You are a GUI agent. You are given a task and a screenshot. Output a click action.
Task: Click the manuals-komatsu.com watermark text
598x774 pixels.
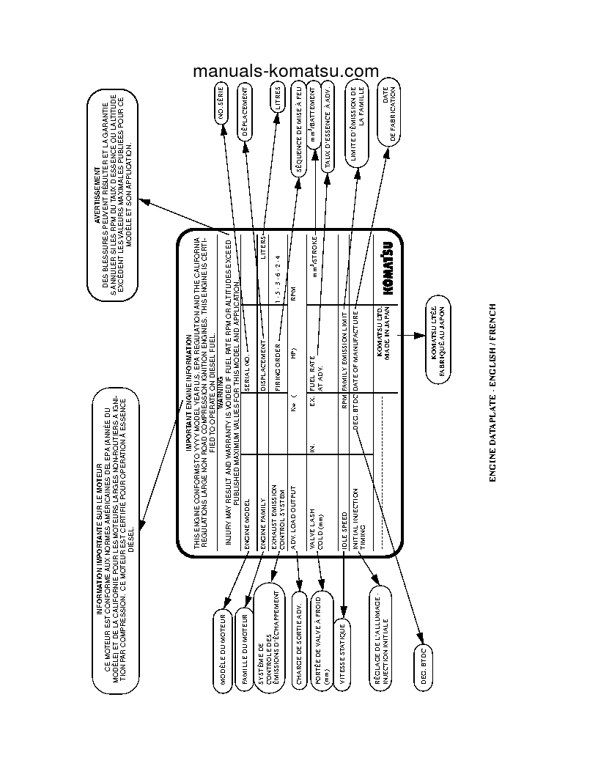coord(286,71)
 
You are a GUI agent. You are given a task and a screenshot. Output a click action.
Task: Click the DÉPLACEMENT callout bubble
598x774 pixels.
coord(246,111)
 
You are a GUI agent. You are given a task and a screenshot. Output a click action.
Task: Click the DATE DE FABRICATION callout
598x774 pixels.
coord(388,114)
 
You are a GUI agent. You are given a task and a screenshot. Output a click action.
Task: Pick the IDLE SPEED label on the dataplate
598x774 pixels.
coord(343,521)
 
